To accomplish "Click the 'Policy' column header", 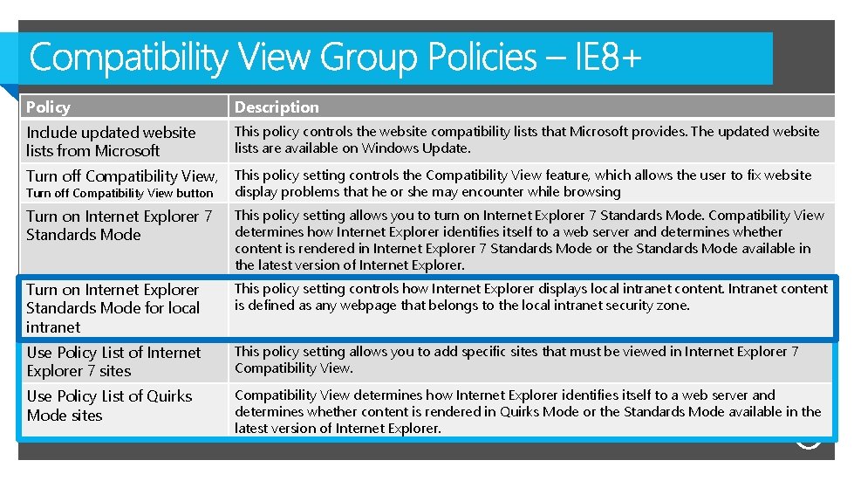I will click(49, 107).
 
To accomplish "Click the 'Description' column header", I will click(277, 107).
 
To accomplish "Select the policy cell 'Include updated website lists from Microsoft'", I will click(111, 141).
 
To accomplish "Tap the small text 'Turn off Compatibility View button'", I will click(120, 193).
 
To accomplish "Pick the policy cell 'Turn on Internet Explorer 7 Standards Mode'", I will click(119, 225).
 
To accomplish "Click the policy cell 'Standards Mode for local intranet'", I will click(113, 308).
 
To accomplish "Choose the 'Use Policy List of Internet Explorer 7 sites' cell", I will click(113, 361).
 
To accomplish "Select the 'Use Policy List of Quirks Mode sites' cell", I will click(109, 406).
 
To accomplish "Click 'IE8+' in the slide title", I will click(608, 58).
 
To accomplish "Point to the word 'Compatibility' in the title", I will click(127, 58).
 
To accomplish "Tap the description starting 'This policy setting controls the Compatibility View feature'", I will click(523, 183).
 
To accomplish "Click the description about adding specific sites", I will click(516, 360).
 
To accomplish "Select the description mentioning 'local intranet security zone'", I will click(530, 297).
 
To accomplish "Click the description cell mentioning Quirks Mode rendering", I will click(528, 411).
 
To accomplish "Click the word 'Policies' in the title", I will click(482, 58).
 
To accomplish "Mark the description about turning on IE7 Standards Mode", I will click(529, 240).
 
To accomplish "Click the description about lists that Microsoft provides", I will click(527, 140).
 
